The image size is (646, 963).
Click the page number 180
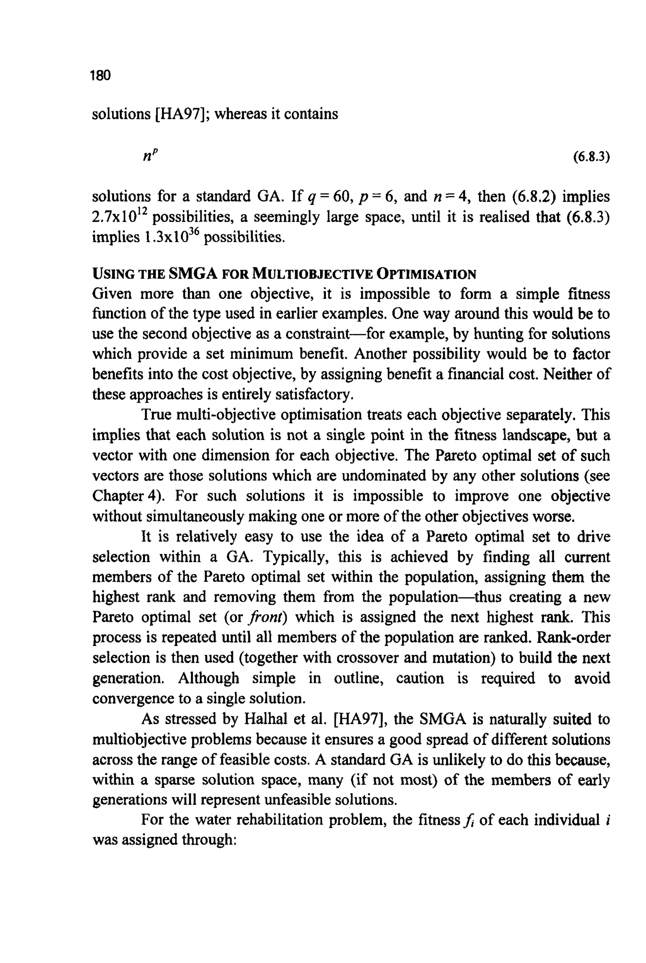[101, 75]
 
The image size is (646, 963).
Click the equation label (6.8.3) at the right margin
[591, 157]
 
